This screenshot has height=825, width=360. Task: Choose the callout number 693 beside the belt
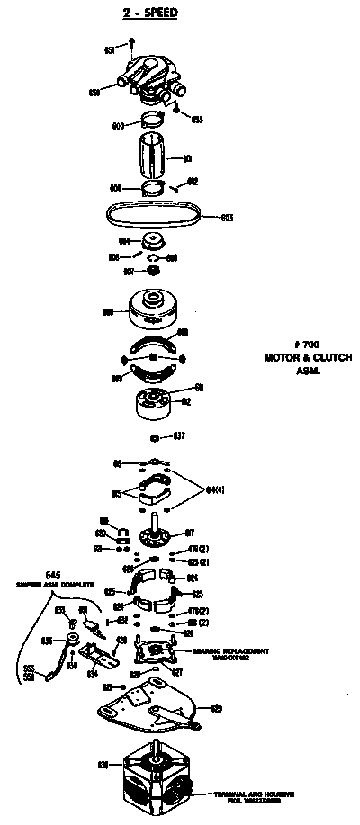click(227, 217)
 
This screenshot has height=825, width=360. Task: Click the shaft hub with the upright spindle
click(157, 531)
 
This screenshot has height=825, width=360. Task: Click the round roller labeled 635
click(67, 641)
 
